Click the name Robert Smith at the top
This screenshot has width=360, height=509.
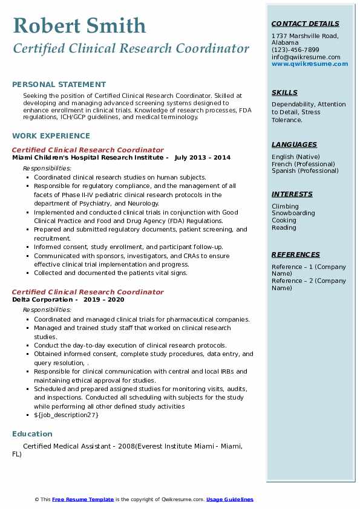pos(79,25)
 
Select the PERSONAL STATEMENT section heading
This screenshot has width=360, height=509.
pos(59,85)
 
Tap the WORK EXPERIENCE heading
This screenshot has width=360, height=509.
pos(51,136)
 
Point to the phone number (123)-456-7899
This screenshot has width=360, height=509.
pos(295,50)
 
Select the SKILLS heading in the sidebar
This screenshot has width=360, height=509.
pos(284,92)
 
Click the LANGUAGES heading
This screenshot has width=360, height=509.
pos(294,144)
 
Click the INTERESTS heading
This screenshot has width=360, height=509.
pos(292,194)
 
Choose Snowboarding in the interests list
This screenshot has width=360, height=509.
pos(293,213)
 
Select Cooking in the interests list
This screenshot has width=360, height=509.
pos(284,221)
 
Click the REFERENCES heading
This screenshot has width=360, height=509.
pos(295,254)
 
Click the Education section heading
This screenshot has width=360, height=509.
pos(32,434)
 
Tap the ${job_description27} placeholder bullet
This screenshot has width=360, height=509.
pos(66,415)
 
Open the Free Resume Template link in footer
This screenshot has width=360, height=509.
pos(83,499)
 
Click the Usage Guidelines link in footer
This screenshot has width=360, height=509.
pos(229,499)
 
